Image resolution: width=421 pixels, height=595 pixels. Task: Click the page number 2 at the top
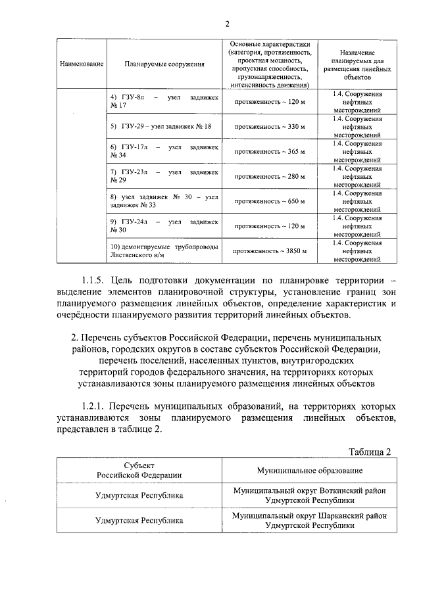point(227,24)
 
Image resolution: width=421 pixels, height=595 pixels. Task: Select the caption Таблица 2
point(370,452)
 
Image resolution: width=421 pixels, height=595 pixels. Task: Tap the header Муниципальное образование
point(309,471)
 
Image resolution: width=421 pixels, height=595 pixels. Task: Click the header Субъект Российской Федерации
point(138,471)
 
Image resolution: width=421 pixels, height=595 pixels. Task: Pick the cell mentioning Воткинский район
point(309,496)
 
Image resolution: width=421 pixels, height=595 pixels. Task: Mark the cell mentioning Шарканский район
point(309,521)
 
